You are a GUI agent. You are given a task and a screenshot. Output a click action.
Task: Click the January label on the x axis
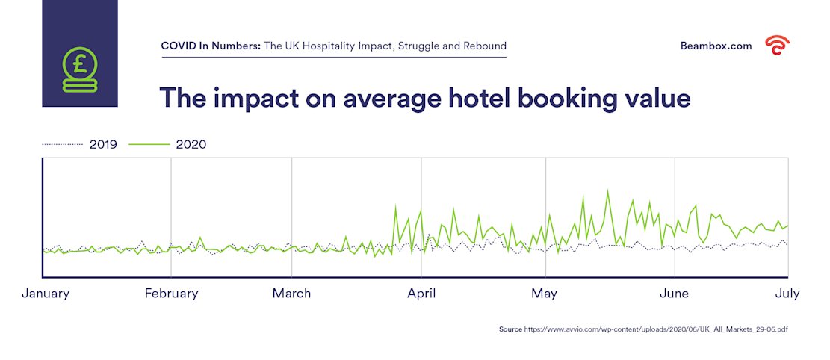click(x=46, y=294)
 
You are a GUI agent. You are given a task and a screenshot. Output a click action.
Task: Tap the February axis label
click(x=172, y=294)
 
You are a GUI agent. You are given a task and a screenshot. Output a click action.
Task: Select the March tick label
click(x=291, y=294)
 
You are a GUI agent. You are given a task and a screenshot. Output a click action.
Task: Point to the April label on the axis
click(x=422, y=294)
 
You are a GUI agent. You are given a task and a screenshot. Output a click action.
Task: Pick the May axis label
click(x=545, y=294)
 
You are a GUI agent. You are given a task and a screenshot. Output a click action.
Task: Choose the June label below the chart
click(x=675, y=294)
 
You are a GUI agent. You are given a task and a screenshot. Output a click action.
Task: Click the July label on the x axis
click(x=787, y=294)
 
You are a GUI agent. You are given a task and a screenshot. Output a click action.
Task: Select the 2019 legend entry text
click(x=103, y=145)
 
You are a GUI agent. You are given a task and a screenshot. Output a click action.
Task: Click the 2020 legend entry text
click(x=191, y=145)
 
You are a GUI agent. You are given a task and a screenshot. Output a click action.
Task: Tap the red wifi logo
click(x=777, y=46)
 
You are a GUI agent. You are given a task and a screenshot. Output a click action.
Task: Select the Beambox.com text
click(x=716, y=46)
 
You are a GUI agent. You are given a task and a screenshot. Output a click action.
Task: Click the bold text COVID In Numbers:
click(x=211, y=46)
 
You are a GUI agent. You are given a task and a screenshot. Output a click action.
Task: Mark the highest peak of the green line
click(x=607, y=190)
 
